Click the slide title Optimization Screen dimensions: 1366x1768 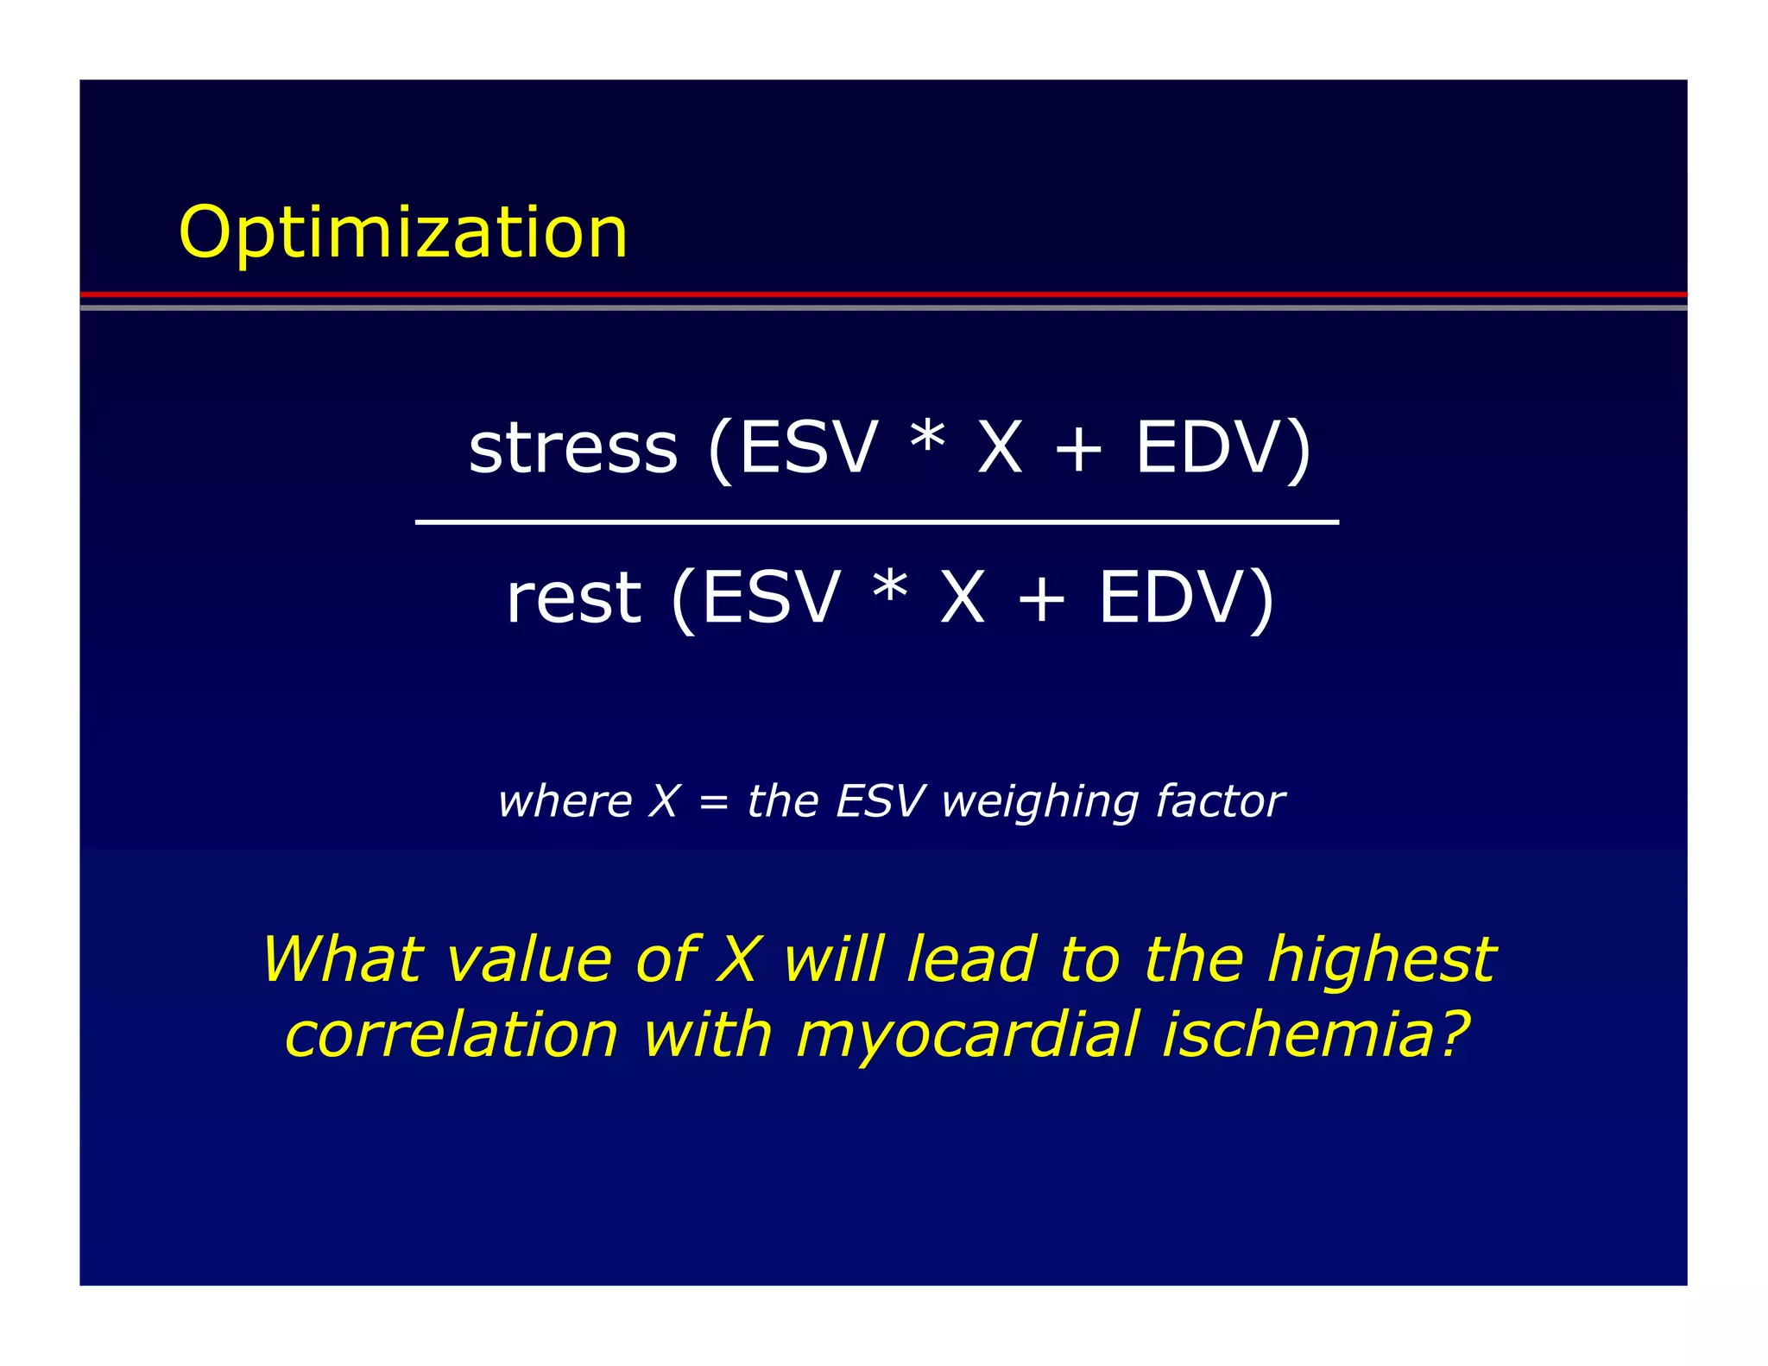coord(402,233)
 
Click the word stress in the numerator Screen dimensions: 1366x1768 coord(572,449)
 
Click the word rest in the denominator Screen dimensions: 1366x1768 coord(573,598)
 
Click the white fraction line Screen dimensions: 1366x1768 coord(876,522)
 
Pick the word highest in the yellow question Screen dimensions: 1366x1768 coord(1381,960)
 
